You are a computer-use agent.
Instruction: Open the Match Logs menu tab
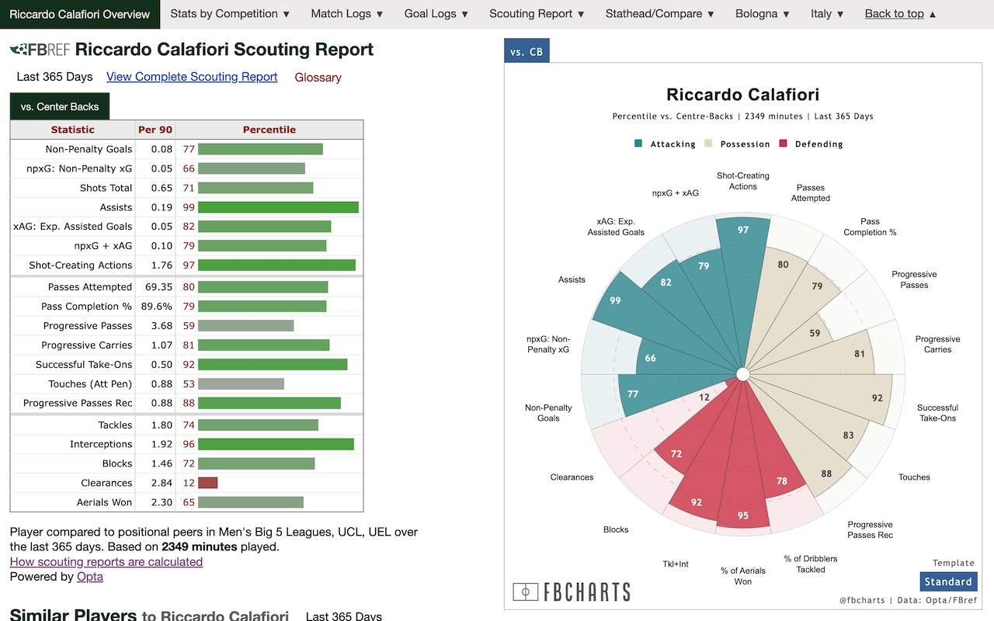(346, 14)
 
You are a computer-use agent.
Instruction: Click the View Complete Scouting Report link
(192, 77)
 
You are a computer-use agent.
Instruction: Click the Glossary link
(318, 78)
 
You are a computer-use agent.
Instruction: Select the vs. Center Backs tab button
(60, 106)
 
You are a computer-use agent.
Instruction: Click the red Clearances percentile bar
(207, 483)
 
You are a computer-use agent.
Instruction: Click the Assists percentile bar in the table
(278, 207)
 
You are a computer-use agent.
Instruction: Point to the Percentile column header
(269, 130)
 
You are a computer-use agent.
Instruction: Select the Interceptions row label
(101, 444)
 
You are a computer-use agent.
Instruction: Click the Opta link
(90, 577)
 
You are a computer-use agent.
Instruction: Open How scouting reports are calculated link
(106, 562)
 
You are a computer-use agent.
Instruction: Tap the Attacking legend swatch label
(672, 144)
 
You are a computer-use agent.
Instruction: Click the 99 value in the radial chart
(615, 300)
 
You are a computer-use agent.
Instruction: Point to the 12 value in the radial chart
(704, 397)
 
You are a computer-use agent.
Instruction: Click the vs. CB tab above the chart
(527, 52)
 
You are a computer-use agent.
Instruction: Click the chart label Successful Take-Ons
(937, 413)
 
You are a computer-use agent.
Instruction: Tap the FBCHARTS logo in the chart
(572, 592)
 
